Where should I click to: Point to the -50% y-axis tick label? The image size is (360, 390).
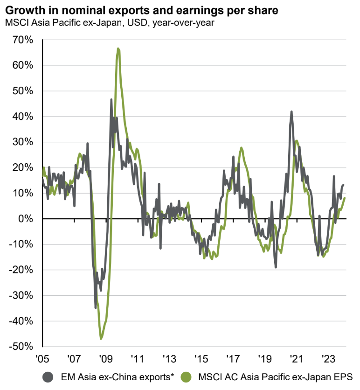tap(21, 347)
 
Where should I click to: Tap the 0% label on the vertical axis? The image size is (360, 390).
tap(27, 219)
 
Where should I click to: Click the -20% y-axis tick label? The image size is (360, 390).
tap(21, 270)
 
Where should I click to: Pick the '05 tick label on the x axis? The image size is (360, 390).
tap(42, 360)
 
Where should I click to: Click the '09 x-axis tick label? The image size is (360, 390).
tap(105, 360)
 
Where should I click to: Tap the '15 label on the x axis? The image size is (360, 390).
tap(201, 360)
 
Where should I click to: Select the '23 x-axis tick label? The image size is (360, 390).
tap(327, 360)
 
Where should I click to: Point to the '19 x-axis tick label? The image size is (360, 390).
tap(264, 360)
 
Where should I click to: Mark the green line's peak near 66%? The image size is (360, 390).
tap(118, 48)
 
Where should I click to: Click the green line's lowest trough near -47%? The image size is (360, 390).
tap(101, 339)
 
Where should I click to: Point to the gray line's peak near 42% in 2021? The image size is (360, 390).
tap(291, 111)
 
